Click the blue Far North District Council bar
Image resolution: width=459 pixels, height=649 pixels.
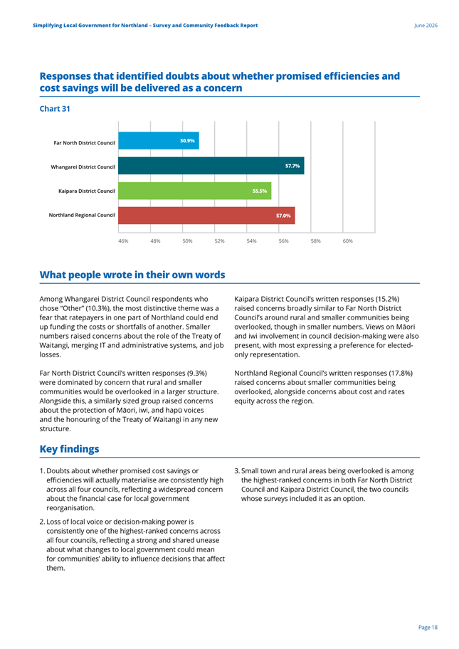159,141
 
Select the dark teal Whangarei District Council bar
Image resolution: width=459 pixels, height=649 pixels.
211,166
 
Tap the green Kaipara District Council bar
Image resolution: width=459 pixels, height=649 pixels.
195,191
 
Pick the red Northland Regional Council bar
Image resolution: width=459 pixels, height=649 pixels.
206,216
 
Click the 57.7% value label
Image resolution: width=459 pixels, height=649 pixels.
292,166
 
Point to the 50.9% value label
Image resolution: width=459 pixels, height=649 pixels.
187,141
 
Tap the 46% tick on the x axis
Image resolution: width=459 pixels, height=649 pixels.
123,241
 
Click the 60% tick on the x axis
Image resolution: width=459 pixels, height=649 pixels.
348,241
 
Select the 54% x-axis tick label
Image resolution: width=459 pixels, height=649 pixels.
252,241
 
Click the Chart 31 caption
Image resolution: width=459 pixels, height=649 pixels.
55,109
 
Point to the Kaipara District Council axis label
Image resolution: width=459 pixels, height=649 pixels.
87,191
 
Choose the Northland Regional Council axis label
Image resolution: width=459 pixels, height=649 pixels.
82,215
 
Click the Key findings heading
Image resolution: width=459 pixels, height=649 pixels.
70,449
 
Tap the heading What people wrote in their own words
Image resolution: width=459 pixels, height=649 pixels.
132,275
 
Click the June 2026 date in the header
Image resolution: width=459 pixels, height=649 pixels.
426,25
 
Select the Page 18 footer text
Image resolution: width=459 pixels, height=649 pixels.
428,628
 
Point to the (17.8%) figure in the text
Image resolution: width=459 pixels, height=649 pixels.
401,373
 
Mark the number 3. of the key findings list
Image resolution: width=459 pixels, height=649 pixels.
237,471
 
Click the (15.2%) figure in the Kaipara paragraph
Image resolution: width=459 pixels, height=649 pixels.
387,299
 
